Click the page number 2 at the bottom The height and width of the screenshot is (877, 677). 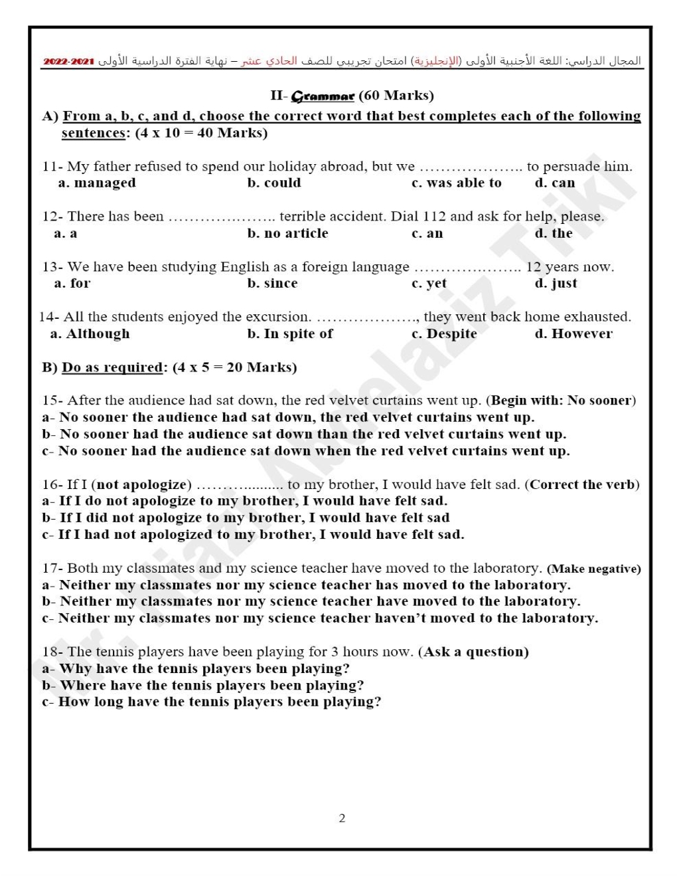click(x=342, y=818)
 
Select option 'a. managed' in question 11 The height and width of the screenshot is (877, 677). click(x=97, y=183)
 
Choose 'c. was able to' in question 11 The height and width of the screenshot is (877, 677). click(x=456, y=183)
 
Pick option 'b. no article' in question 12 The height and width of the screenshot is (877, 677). click(x=287, y=233)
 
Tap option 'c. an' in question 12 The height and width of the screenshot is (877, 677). click(x=427, y=233)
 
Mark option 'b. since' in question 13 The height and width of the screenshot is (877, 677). click(x=272, y=283)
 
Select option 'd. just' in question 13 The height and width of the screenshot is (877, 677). click(x=556, y=283)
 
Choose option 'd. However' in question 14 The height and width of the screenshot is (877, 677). click(x=573, y=334)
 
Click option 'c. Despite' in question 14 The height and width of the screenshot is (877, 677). click(x=444, y=334)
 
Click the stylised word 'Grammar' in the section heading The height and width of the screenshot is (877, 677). click(x=323, y=96)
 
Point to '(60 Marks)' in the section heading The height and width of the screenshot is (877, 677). click(x=396, y=96)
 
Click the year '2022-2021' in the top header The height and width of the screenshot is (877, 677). click(x=69, y=62)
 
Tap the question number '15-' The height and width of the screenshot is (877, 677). click(x=52, y=401)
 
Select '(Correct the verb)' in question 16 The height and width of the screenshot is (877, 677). click(x=582, y=484)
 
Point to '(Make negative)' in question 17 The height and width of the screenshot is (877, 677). click(x=594, y=569)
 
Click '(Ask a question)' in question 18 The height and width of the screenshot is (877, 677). click(x=473, y=652)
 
